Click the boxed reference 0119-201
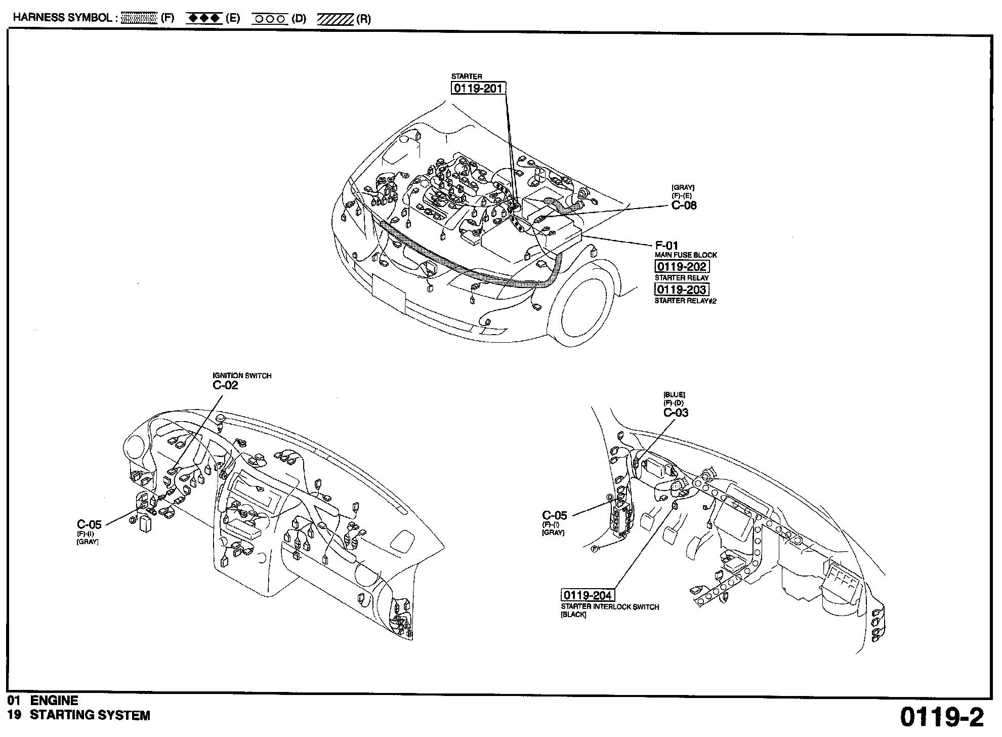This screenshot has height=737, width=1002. [x=478, y=89]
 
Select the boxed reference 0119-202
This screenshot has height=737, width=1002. [x=682, y=267]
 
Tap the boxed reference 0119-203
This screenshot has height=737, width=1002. [x=682, y=290]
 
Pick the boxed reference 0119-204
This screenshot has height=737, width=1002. [x=588, y=595]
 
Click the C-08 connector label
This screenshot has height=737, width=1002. [x=684, y=206]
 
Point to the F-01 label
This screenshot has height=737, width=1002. [x=666, y=245]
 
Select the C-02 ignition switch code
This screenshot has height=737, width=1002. [x=225, y=385]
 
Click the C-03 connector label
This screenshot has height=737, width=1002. [x=676, y=413]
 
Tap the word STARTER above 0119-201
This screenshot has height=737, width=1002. [x=467, y=76]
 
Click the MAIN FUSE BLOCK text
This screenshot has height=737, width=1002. [x=686, y=255]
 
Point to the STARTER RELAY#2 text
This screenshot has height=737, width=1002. [x=685, y=301]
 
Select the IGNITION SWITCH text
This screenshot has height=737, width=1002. [x=242, y=376]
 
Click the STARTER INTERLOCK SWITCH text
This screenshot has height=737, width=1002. [x=610, y=607]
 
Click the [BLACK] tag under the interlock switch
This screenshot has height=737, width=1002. [x=573, y=615]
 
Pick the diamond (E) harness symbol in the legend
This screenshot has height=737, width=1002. [x=204, y=19]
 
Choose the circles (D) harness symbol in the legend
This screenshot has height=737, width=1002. [x=269, y=19]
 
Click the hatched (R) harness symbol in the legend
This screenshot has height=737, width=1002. [x=335, y=19]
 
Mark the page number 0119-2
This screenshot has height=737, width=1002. [x=942, y=717]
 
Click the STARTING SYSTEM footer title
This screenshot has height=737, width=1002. [x=90, y=715]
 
